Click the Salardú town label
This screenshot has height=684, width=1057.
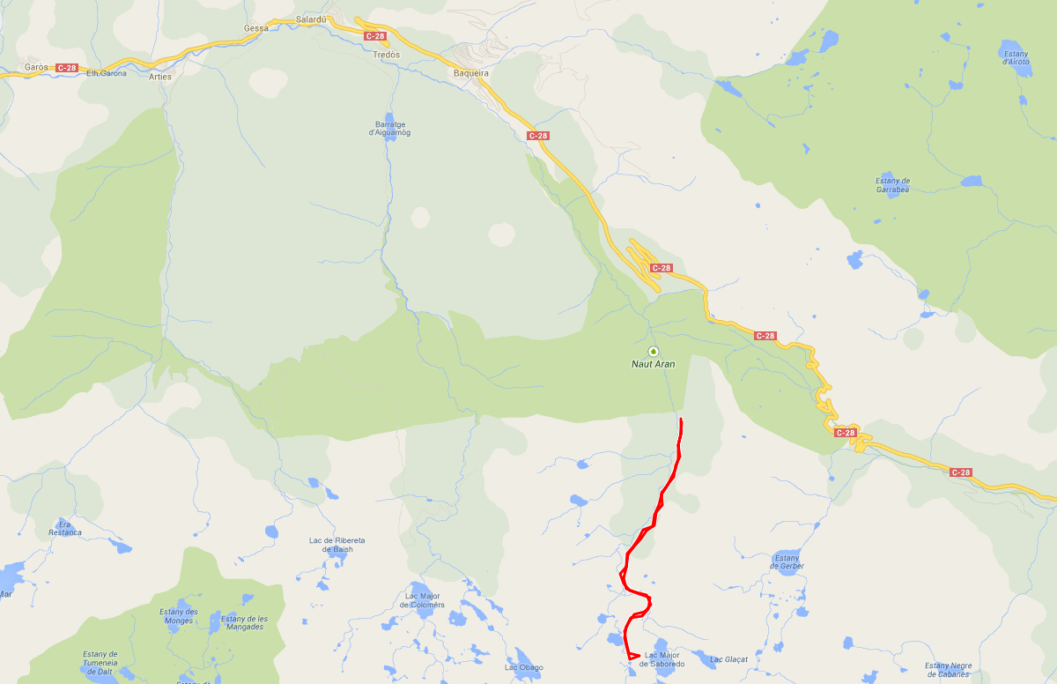(311, 19)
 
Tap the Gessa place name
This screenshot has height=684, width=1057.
(256, 28)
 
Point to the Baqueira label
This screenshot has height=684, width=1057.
(470, 74)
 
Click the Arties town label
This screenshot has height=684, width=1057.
(160, 77)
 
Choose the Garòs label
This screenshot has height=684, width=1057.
(36, 67)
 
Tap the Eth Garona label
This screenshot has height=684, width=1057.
(107, 73)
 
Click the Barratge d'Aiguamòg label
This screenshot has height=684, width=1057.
(389, 129)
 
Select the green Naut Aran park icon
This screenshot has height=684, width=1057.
(654, 351)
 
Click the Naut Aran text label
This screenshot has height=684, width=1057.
(654, 364)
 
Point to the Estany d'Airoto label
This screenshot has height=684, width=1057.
(1016, 58)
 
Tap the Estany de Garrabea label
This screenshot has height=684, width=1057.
(892, 185)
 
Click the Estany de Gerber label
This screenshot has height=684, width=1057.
(787, 562)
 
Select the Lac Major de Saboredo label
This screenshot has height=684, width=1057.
(664, 659)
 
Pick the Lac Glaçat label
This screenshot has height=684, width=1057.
(728, 659)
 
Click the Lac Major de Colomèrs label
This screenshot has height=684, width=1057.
(423, 600)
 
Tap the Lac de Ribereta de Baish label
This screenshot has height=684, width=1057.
(337, 545)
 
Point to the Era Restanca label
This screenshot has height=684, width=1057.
(65, 528)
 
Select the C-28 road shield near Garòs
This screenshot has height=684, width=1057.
(66, 68)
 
